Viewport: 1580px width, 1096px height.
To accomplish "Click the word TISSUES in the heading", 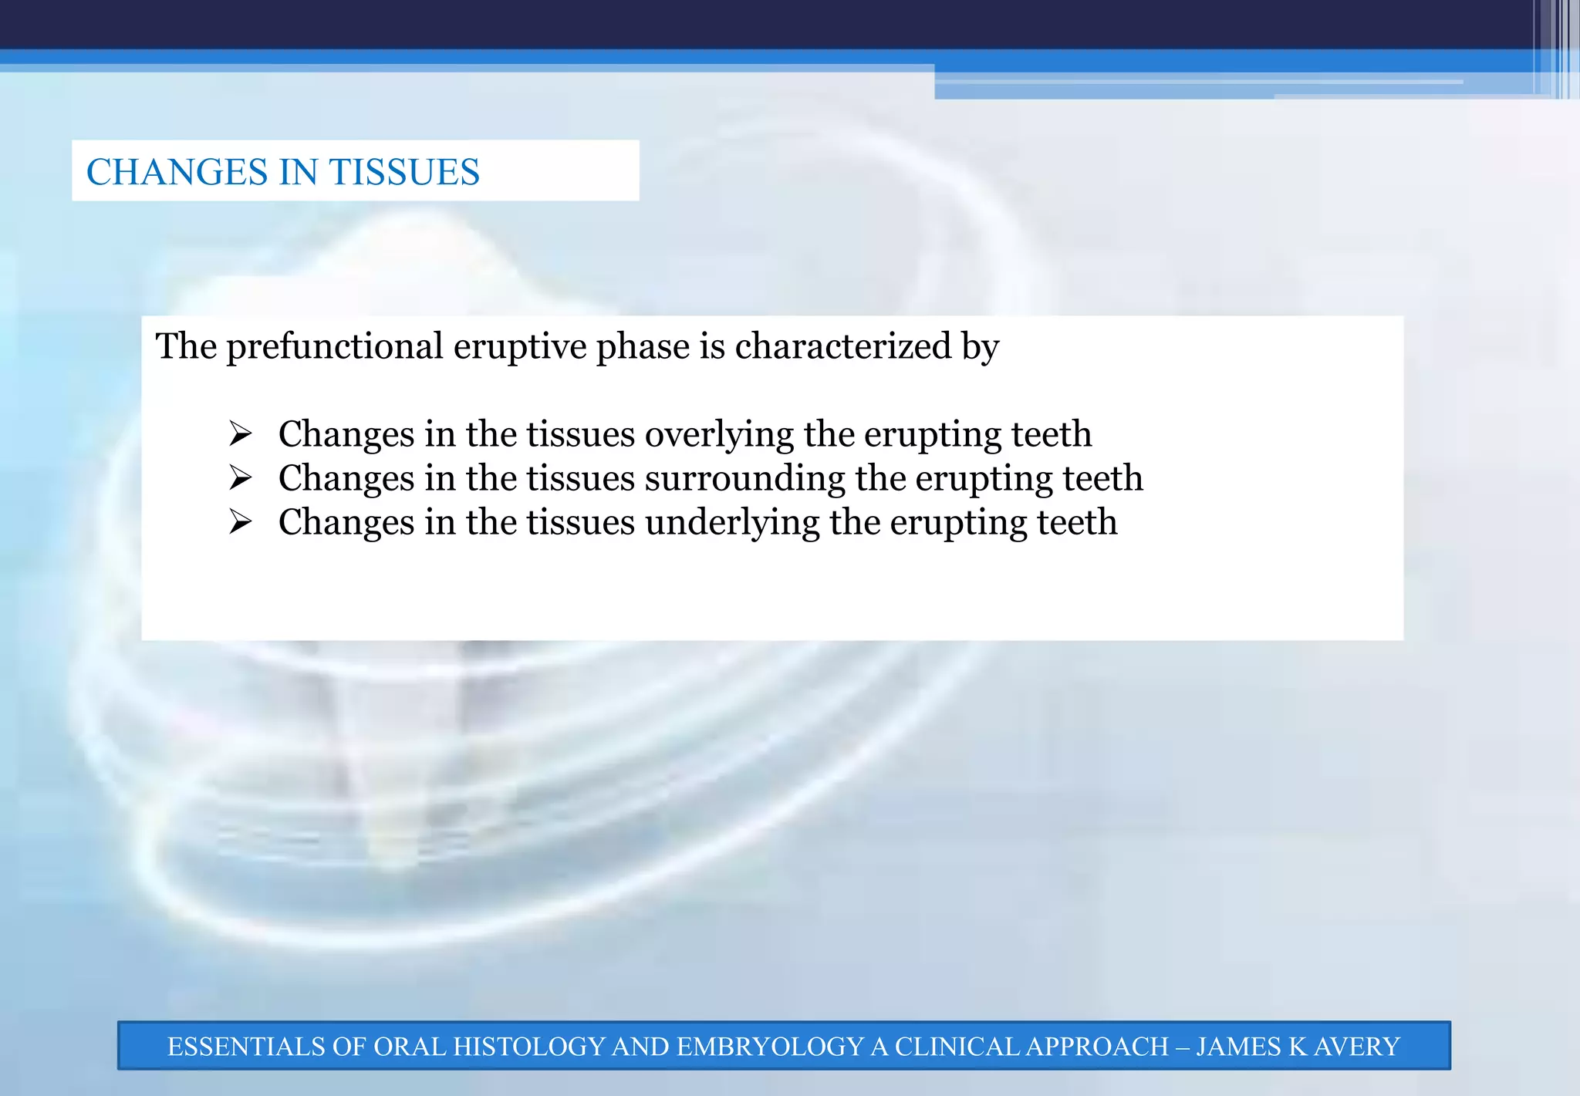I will (404, 172).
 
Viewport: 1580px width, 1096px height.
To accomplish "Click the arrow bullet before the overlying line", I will (240, 434).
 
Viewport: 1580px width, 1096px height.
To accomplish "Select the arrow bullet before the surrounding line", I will (240, 478).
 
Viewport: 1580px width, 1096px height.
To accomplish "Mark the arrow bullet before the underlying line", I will (240, 522).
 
